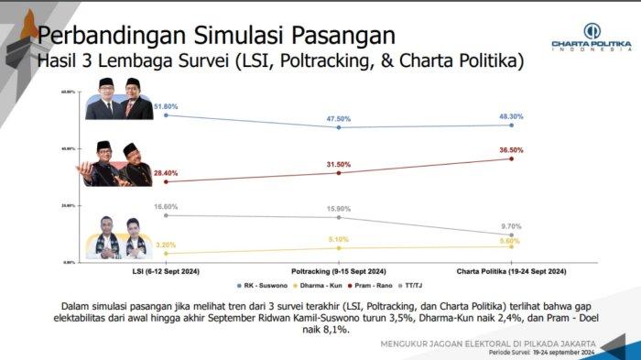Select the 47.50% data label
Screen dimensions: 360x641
pos(339,118)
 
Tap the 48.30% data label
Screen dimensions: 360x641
pos(510,116)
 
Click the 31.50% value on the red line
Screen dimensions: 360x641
pos(339,164)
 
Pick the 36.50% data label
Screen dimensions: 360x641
pos(510,149)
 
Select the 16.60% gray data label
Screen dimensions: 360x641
pos(166,207)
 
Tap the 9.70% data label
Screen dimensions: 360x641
pos(511,225)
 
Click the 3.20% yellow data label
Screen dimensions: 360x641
pos(166,245)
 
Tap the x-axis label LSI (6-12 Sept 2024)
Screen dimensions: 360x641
pos(166,272)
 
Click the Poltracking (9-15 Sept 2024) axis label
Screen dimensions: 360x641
pos(338,272)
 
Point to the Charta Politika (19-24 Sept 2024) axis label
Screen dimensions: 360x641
pos(511,272)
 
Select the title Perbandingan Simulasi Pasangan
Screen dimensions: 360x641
pos(216,37)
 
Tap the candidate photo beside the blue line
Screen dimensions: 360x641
pos(120,98)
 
